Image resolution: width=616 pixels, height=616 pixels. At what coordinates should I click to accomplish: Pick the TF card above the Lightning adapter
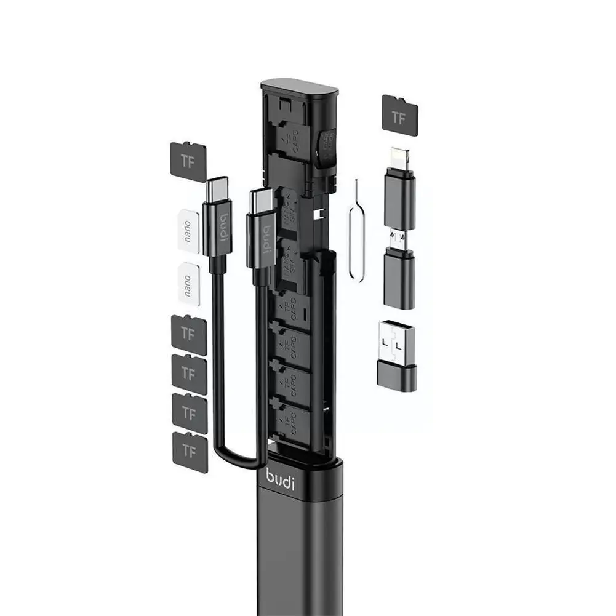pos(399,114)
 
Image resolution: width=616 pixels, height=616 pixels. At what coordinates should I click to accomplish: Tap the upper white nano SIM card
pos(188,231)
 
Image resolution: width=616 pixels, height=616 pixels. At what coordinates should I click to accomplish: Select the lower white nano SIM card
pos(188,283)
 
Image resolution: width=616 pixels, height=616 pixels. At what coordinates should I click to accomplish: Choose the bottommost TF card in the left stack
pos(190,451)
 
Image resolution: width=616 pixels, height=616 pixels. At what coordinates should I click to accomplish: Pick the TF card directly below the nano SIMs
pos(188,334)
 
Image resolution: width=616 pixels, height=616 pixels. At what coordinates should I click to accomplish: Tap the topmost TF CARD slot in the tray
pos(293,141)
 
